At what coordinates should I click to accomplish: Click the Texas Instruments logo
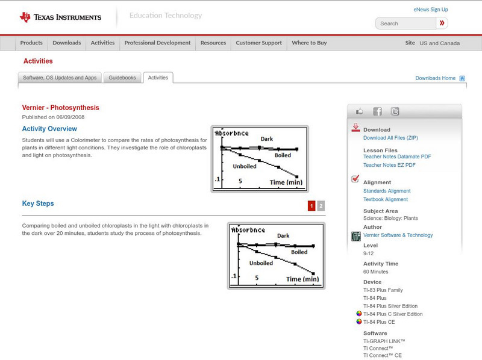point(60,17)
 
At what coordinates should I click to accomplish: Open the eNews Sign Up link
point(431,10)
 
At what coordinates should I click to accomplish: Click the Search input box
point(405,23)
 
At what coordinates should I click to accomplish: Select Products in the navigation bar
point(31,43)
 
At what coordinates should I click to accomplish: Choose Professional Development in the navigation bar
point(157,43)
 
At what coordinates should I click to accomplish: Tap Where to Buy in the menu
point(309,43)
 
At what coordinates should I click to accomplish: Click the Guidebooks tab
point(123,78)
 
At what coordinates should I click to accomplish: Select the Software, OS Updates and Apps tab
point(60,78)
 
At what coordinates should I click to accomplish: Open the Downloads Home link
point(436,78)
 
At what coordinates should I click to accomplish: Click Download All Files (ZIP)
point(390,138)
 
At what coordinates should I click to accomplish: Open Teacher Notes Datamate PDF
point(397,157)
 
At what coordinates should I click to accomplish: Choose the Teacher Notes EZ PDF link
point(389,165)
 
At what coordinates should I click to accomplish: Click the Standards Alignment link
point(387,191)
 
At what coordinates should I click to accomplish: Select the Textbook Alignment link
point(386,199)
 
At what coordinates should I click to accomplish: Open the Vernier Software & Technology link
point(398,235)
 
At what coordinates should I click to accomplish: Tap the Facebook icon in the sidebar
point(377,111)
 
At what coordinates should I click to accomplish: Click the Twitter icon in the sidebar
point(395,111)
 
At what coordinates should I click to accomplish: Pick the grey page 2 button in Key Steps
point(321,206)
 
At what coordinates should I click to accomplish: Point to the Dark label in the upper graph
point(266,139)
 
